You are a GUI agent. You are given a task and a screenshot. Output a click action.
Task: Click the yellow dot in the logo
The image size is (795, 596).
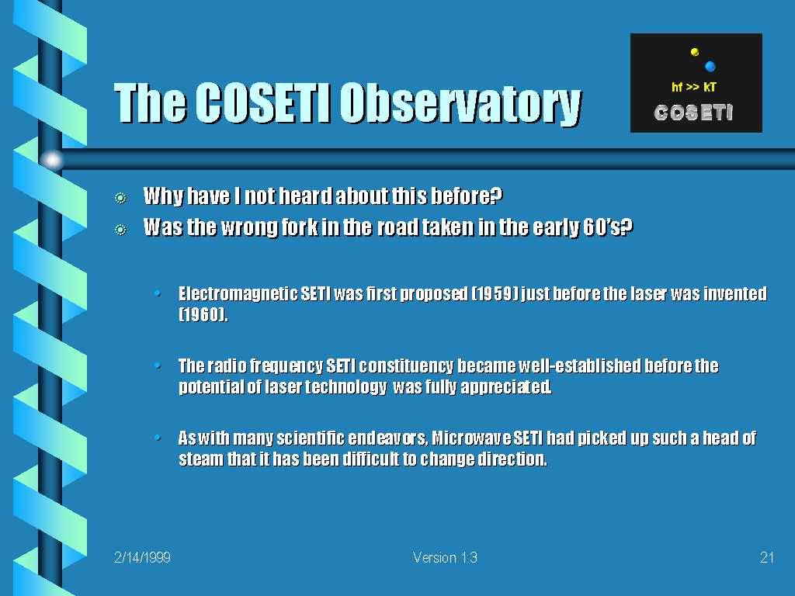(695, 52)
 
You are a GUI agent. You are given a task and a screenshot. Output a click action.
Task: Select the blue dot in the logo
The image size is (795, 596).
(710, 66)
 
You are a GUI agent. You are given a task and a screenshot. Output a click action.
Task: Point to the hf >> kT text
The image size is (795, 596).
(693, 87)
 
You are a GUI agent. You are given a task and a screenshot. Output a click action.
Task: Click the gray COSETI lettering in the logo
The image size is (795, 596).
(693, 113)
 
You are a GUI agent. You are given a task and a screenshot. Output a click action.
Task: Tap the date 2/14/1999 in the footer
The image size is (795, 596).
(142, 557)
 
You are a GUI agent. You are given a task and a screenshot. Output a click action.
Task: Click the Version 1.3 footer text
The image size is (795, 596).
(445, 557)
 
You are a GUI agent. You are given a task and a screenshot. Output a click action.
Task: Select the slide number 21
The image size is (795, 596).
(766, 557)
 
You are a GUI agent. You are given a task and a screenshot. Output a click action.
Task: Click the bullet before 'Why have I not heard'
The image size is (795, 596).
(120, 198)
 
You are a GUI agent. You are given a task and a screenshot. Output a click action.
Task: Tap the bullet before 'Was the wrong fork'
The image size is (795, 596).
(120, 230)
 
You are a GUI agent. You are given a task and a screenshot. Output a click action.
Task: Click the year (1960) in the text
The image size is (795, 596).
(203, 315)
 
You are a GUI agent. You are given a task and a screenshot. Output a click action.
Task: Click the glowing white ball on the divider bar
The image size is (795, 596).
(52, 160)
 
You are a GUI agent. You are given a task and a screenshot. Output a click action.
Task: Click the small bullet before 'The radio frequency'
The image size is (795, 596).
(158, 365)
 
